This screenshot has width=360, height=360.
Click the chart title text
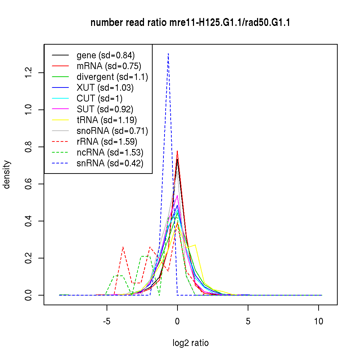pos(190,23)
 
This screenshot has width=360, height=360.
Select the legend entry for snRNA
pos(110,163)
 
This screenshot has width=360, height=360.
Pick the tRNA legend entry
pos(107,120)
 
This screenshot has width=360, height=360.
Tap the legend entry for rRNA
pos(107,141)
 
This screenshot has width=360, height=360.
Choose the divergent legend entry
pos(112,77)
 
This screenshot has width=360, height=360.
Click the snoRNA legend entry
pos(112,130)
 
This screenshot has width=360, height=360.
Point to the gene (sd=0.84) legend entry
pos(105,55)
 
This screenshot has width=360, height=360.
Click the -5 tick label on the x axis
pos(107,321)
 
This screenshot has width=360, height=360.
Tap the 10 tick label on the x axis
pos(319,321)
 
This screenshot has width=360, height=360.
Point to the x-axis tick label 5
pos(248,321)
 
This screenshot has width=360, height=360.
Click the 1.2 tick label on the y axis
pos(29,73)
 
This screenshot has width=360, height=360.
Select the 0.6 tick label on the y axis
pos(29,184)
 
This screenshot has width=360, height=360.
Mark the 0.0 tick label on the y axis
pos(29,295)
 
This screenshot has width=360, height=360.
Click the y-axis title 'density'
pos(7,175)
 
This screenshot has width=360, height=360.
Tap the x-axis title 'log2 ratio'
pos(190,343)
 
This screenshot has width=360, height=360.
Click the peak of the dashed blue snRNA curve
pos(168,54)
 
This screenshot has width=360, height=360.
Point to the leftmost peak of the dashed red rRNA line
pos(123,247)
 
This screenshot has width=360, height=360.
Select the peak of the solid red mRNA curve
pos(177,151)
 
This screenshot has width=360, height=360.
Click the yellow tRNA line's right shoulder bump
pos(195,245)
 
